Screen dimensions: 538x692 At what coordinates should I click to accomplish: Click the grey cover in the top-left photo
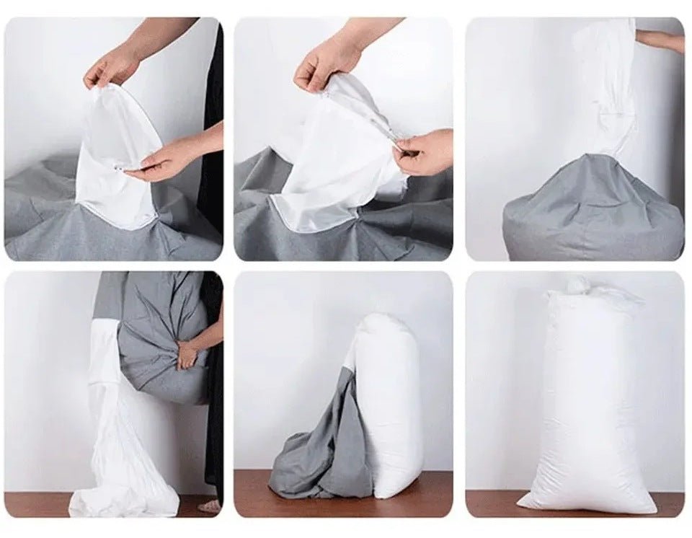[43, 224]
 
